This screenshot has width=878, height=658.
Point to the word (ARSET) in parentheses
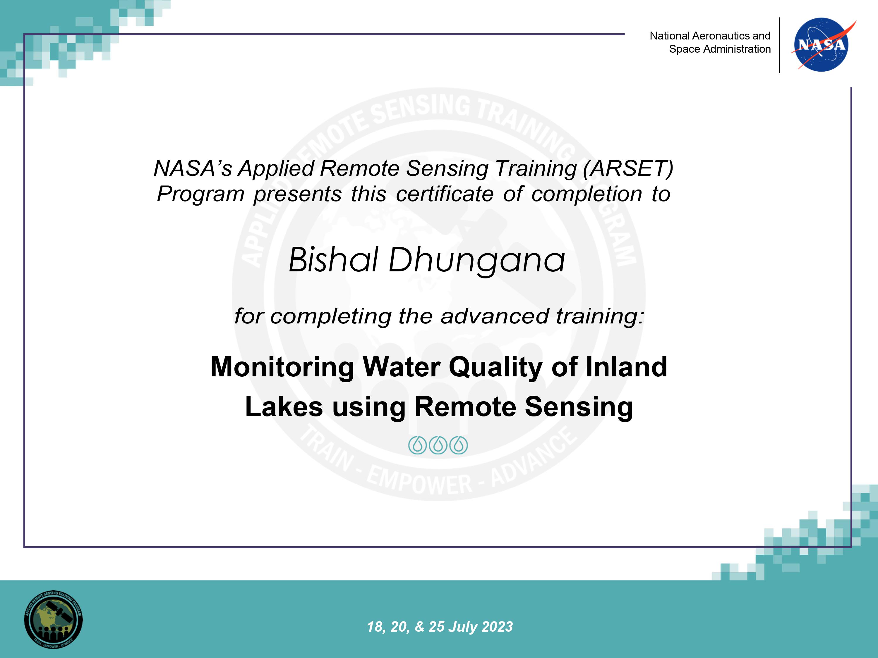tap(628, 168)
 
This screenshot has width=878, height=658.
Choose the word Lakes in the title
tap(284, 407)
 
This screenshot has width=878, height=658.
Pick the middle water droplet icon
tap(438, 445)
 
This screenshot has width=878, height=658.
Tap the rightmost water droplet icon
tap(459, 445)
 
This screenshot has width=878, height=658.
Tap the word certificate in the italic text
tap(445, 194)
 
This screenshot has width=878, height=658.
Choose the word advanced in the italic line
tap(495, 316)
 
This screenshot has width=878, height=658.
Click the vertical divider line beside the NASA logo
tap(780, 45)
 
